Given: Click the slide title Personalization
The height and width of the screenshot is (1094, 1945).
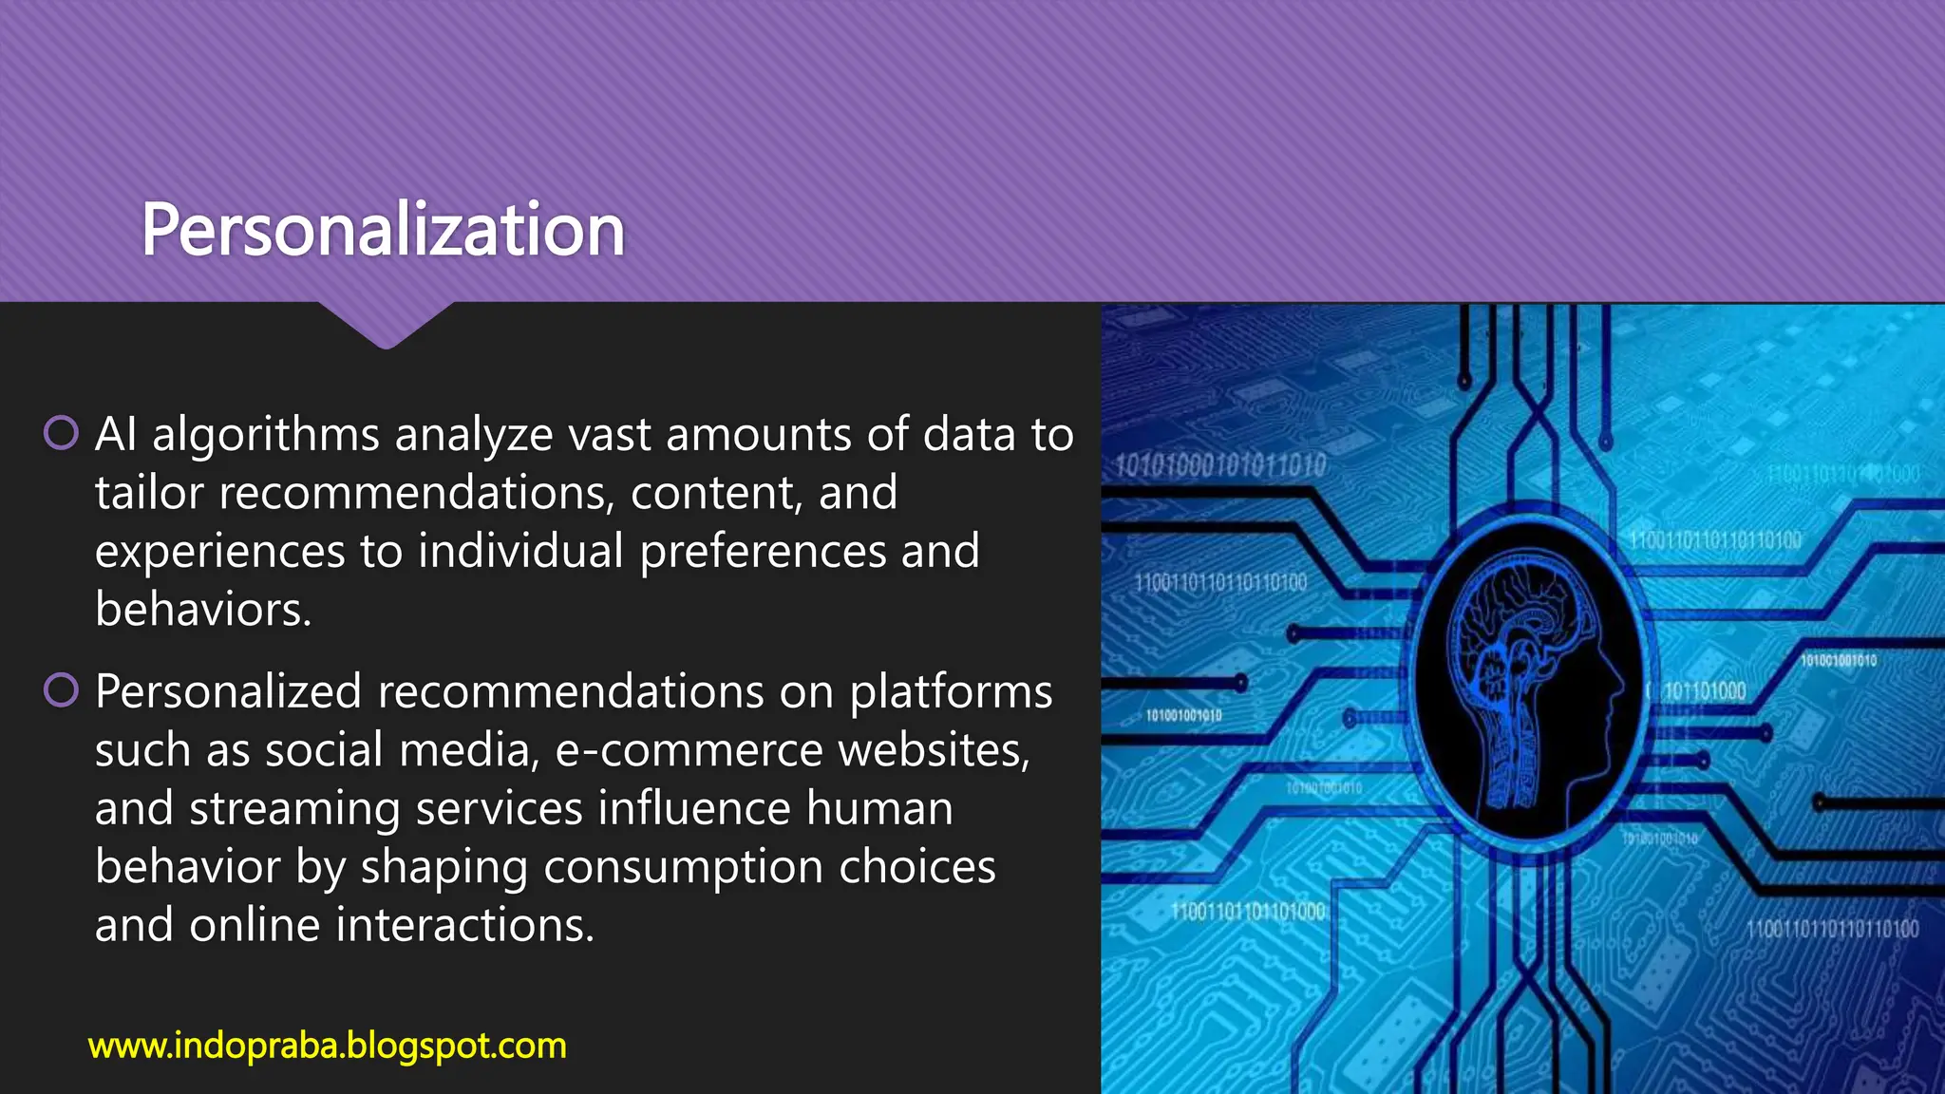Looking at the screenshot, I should (x=383, y=230).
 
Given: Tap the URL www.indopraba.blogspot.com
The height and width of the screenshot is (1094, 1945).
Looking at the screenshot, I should (x=327, y=1046).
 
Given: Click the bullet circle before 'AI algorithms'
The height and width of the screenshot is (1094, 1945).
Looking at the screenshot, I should (x=61, y=433).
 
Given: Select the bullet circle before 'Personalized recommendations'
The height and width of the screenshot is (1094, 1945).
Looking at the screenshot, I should (x=61, y=690).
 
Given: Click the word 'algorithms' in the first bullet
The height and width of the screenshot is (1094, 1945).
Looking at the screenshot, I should (x=266, y=435).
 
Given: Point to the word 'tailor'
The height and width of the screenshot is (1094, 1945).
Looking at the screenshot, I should (x=149, y=493).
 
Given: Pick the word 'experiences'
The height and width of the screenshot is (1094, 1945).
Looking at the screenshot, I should (x=219, y=552).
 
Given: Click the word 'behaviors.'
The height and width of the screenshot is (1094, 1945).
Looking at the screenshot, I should (x=203, y=609).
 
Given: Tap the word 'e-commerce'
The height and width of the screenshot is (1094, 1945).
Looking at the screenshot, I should (x=689, y=750).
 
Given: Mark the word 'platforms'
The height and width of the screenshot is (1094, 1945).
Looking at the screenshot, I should (x=951, y=691).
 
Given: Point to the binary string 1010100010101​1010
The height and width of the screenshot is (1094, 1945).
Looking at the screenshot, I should (x=1219, y=465).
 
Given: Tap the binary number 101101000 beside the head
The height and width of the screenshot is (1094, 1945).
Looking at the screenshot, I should (x=1705, y=691).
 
